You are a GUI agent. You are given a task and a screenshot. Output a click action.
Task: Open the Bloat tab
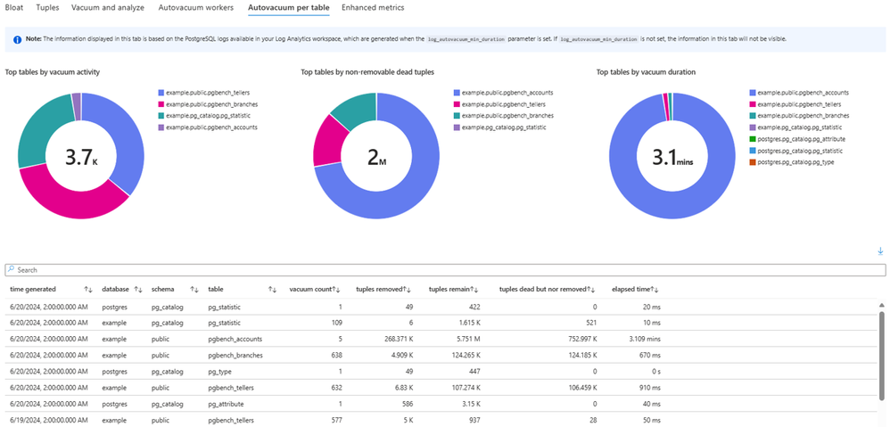pos(14,8)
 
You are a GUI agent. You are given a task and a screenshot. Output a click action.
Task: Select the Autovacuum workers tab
pos(196,8)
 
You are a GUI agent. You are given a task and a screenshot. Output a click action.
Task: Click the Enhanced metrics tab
pos(373,8)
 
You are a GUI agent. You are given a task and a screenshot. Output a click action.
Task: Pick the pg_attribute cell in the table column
pos(227,403)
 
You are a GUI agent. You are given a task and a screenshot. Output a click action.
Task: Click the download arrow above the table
pos(880,252)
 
